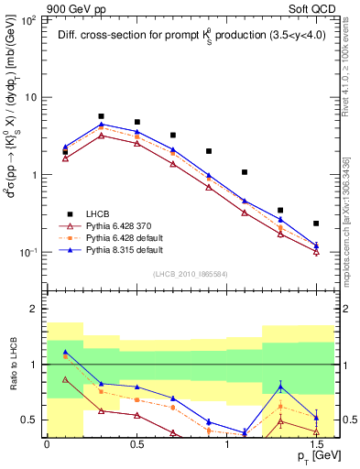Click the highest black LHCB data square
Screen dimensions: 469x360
[x=101, y=116]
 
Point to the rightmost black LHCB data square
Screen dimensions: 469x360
[x=316, y=224]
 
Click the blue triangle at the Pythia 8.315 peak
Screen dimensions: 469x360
[x=101, y=124]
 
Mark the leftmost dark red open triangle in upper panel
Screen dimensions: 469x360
[x=65, y=158]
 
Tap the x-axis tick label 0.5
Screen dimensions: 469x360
[x=136, y=444]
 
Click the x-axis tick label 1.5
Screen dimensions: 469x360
[x=316, y=444]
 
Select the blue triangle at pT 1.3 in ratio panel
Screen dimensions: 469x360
[x=280, y=387]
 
